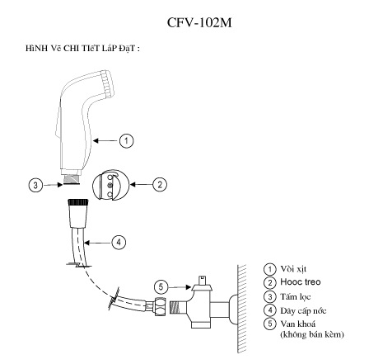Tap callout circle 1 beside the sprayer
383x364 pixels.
pos(125,141)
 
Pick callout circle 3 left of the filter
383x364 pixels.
pos(35,185)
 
